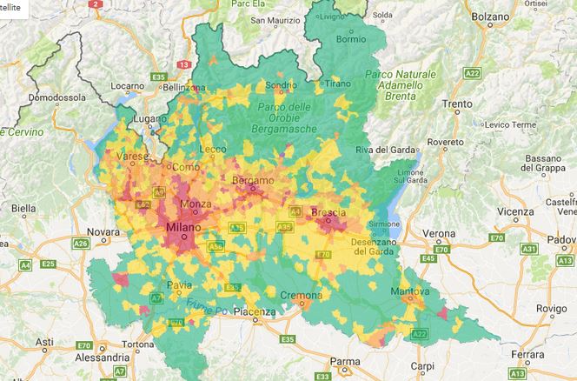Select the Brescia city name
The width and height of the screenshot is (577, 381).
coord(328,212)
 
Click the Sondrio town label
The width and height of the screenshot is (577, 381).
coord(281,85)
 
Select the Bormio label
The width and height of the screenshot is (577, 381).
coord(351,38)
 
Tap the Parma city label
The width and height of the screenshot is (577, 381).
coord(345,361)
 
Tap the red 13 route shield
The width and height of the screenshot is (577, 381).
coord(183,64)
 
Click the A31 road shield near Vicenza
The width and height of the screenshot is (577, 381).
coord(527,250)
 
